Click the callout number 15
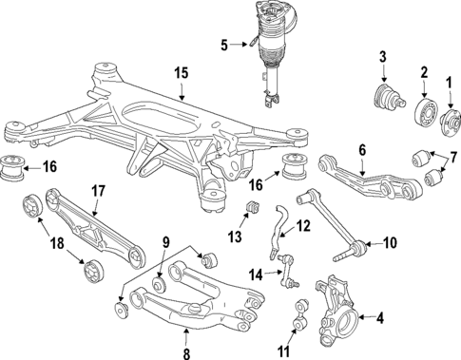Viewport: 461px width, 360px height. (182, 72)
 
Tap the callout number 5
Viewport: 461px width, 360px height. (224, 46)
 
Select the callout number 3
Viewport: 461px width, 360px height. (383, 57)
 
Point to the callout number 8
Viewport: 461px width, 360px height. (186, 353)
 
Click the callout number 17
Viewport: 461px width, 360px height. (98, 191)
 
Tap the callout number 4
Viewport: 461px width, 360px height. (380, 318)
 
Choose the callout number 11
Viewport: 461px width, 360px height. (283, 351)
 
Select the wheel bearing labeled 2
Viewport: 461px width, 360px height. (425, 111)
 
